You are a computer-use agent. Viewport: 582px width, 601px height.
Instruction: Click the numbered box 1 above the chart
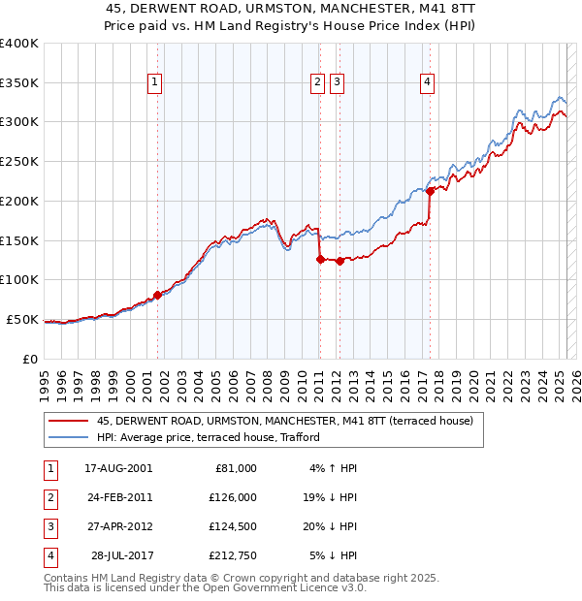point(155,83)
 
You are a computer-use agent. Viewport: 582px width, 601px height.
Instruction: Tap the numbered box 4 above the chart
point(427,83)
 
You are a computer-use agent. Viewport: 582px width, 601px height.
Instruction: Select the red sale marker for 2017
point(429,191)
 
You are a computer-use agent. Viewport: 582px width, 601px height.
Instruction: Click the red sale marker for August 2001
point(157,295)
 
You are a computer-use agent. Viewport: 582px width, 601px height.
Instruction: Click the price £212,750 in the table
point(234,555)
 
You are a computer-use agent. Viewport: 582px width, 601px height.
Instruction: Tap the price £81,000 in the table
point(237,468)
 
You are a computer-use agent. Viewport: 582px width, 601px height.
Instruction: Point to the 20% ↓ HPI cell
point(333,527)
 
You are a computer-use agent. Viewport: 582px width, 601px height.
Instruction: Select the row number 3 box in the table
point(48,527)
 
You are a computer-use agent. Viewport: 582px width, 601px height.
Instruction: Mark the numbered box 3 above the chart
point(337,83)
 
